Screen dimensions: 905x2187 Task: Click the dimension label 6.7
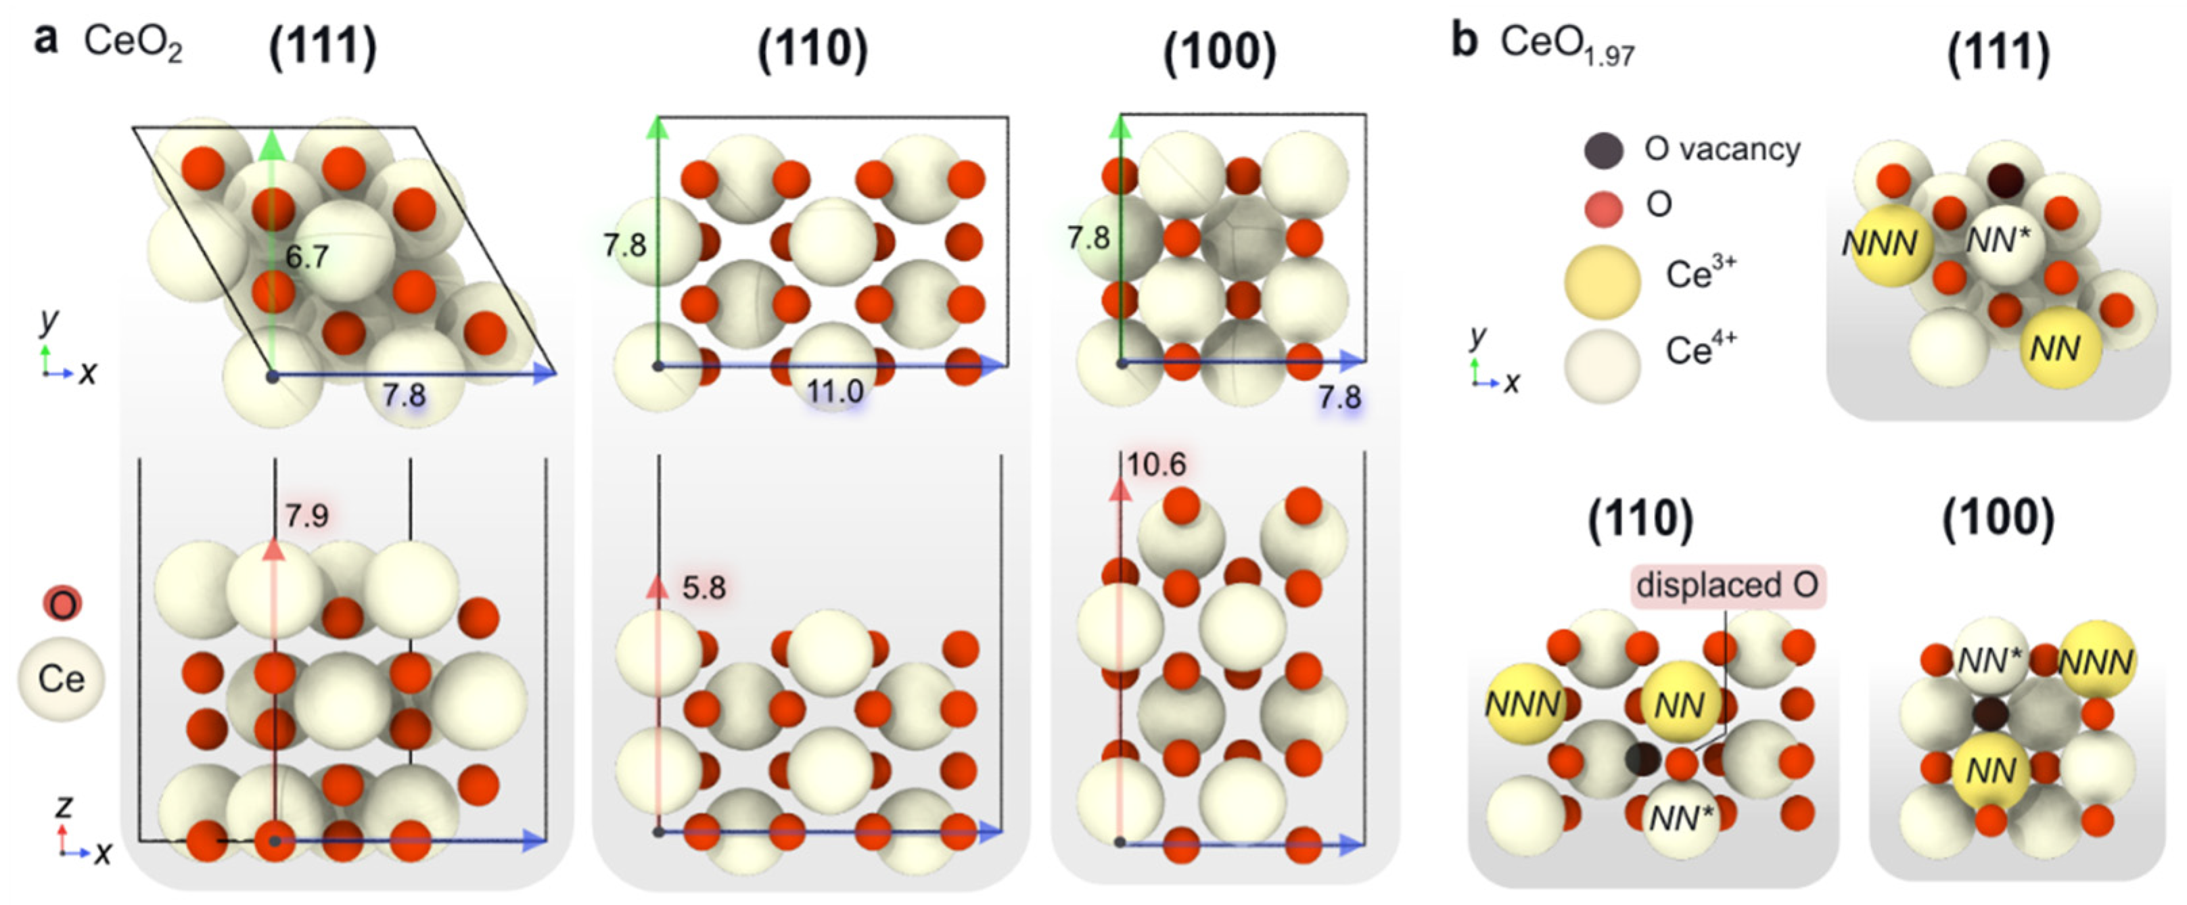click(306, 256)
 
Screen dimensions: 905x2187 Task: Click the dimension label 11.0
click(835, 392)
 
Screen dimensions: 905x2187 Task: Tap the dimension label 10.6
click(1155, 465)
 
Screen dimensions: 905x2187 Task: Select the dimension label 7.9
click(306, 515)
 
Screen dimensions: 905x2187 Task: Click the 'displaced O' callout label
click(1727, 585)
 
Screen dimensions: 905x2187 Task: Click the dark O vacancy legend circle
click(1603, 150)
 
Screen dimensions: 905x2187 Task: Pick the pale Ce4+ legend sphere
click(1602, 365)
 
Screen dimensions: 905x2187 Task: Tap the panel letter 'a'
click(46, 39)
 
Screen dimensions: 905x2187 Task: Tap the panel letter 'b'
click(1465, 41)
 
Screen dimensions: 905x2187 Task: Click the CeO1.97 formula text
click(1567, 44)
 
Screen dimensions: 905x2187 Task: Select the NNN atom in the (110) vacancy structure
click(1525, 703)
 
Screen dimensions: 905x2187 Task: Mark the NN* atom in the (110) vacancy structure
click(1681, 818)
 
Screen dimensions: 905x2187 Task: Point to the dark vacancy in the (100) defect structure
click(1989, 714)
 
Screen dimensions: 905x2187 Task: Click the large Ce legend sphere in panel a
click(61, 679)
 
